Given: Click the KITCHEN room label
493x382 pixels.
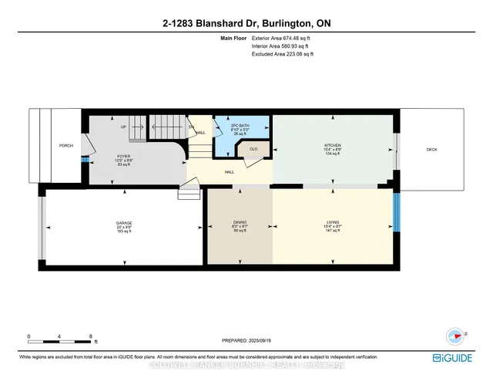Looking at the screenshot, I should pyautogui.click(x=333, y=145).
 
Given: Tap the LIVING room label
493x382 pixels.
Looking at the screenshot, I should pyautogui.click(x=332, y=222).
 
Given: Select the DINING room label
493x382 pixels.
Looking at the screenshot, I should pyautogui.click(x=240, y=222).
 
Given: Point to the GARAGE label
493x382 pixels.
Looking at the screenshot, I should pyautogui.click(x=124, y=222).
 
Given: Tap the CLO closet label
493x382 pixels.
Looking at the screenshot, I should pyautogui.click(x=253, y=149).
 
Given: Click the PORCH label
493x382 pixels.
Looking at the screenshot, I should pyautogui.click(x=65, y=146).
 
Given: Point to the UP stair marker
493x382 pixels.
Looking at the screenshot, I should pyautogui.click(x=122, y=127).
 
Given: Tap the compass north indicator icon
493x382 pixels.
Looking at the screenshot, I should pyautogui.click(x=454, y=335).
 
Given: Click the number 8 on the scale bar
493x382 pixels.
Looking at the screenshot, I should pyautogui.click(x=92, y=336).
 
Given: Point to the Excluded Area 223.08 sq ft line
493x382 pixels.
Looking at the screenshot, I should pyautogui.click(x=283, y=54).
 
